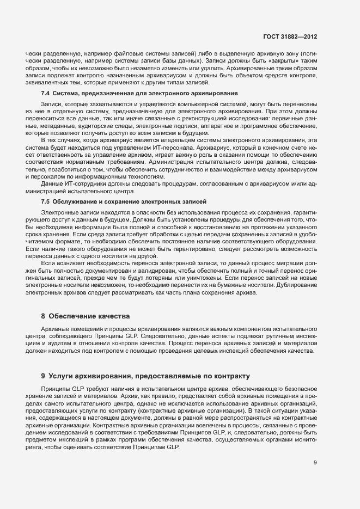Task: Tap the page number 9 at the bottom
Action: pyautogui.click(x=315, y=463)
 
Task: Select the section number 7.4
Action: pyautogui.click(x=46, y=94)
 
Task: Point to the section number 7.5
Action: pyautogui.click(x=46, y=202)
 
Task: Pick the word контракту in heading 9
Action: pyautogui.click(x=227, y=376)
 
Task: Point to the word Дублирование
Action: pyautogui.click(x=298, y=285)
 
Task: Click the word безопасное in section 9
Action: pyautogui.click(x=299, y=389)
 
